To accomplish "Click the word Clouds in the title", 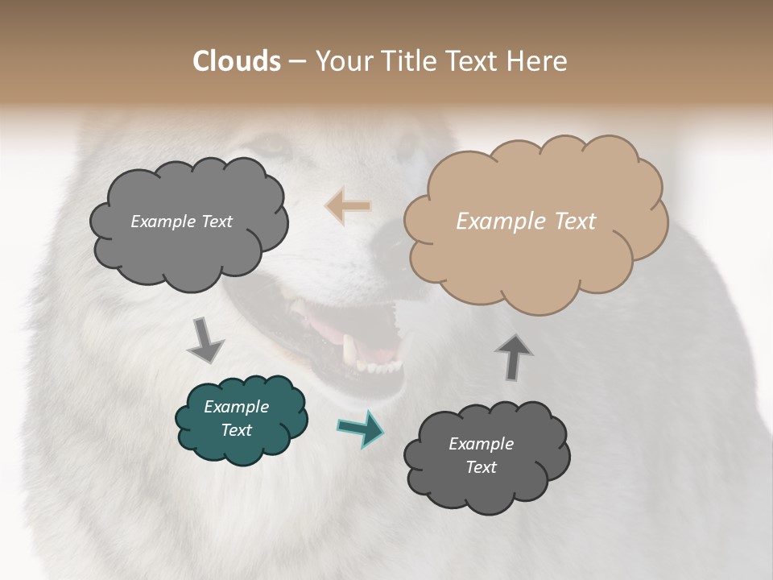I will coord(237,61).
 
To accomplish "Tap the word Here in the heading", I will coord(538,61).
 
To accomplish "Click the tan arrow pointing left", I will coord(348,206).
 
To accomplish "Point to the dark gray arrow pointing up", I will coord(514,356).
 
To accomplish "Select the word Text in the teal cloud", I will coord(237,430).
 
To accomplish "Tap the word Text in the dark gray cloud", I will coord(481,467).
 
